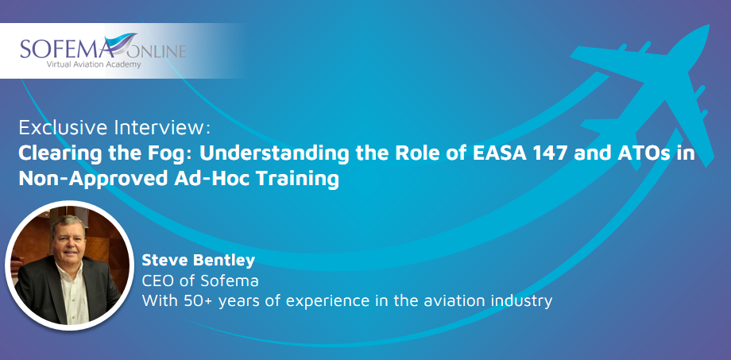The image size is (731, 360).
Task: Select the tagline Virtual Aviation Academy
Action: tap(94, 64)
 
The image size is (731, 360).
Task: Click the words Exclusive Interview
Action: tap(114, 127)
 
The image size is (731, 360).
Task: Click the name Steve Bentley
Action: tap(199, 261)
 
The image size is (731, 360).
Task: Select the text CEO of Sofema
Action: tap(200, 281)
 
